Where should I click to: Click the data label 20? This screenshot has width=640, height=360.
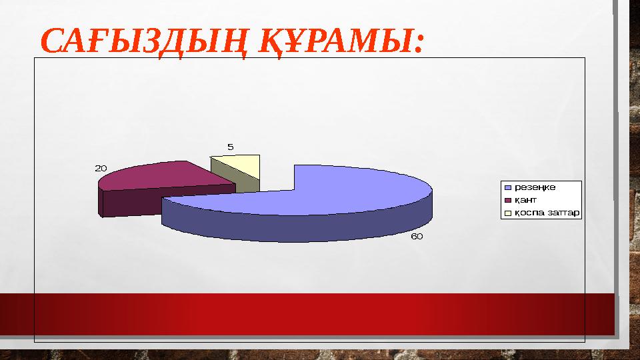tap(101, 169)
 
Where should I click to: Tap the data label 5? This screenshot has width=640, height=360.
tap(230, 147)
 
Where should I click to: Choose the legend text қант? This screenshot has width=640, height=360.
tap(525, 199)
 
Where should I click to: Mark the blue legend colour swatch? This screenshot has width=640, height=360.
tap(507, 187)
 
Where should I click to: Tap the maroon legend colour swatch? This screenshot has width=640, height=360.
tap(507, 200)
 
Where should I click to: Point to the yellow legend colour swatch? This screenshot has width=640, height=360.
tap(507, 213)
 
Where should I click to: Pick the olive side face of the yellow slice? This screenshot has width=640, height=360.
tap(247, 183)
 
